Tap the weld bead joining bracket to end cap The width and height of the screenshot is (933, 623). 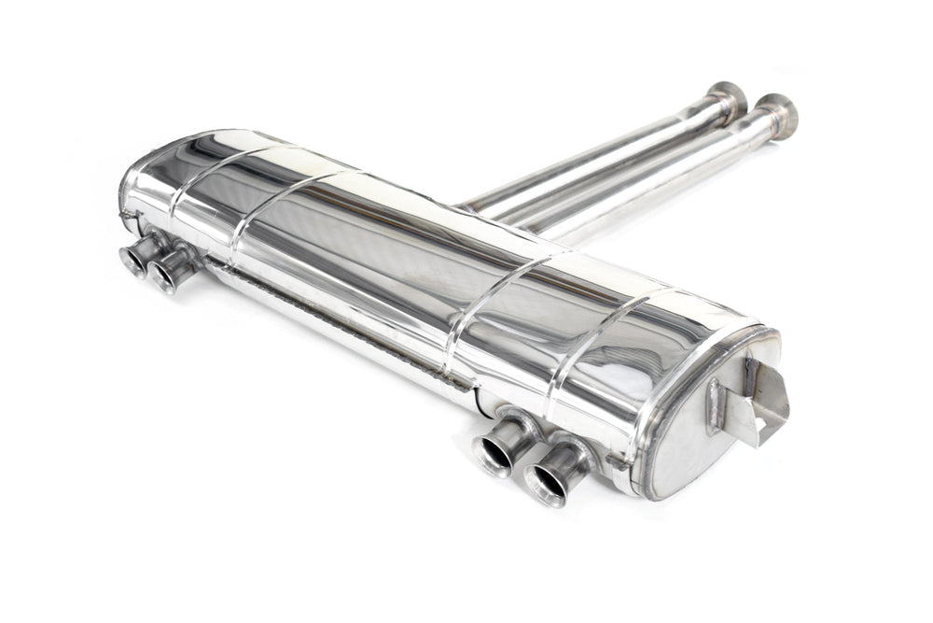(x=714, y=407)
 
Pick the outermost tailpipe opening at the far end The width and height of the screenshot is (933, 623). (x=132, y=262)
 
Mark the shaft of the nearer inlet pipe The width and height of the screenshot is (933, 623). (x=653, y=177)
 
